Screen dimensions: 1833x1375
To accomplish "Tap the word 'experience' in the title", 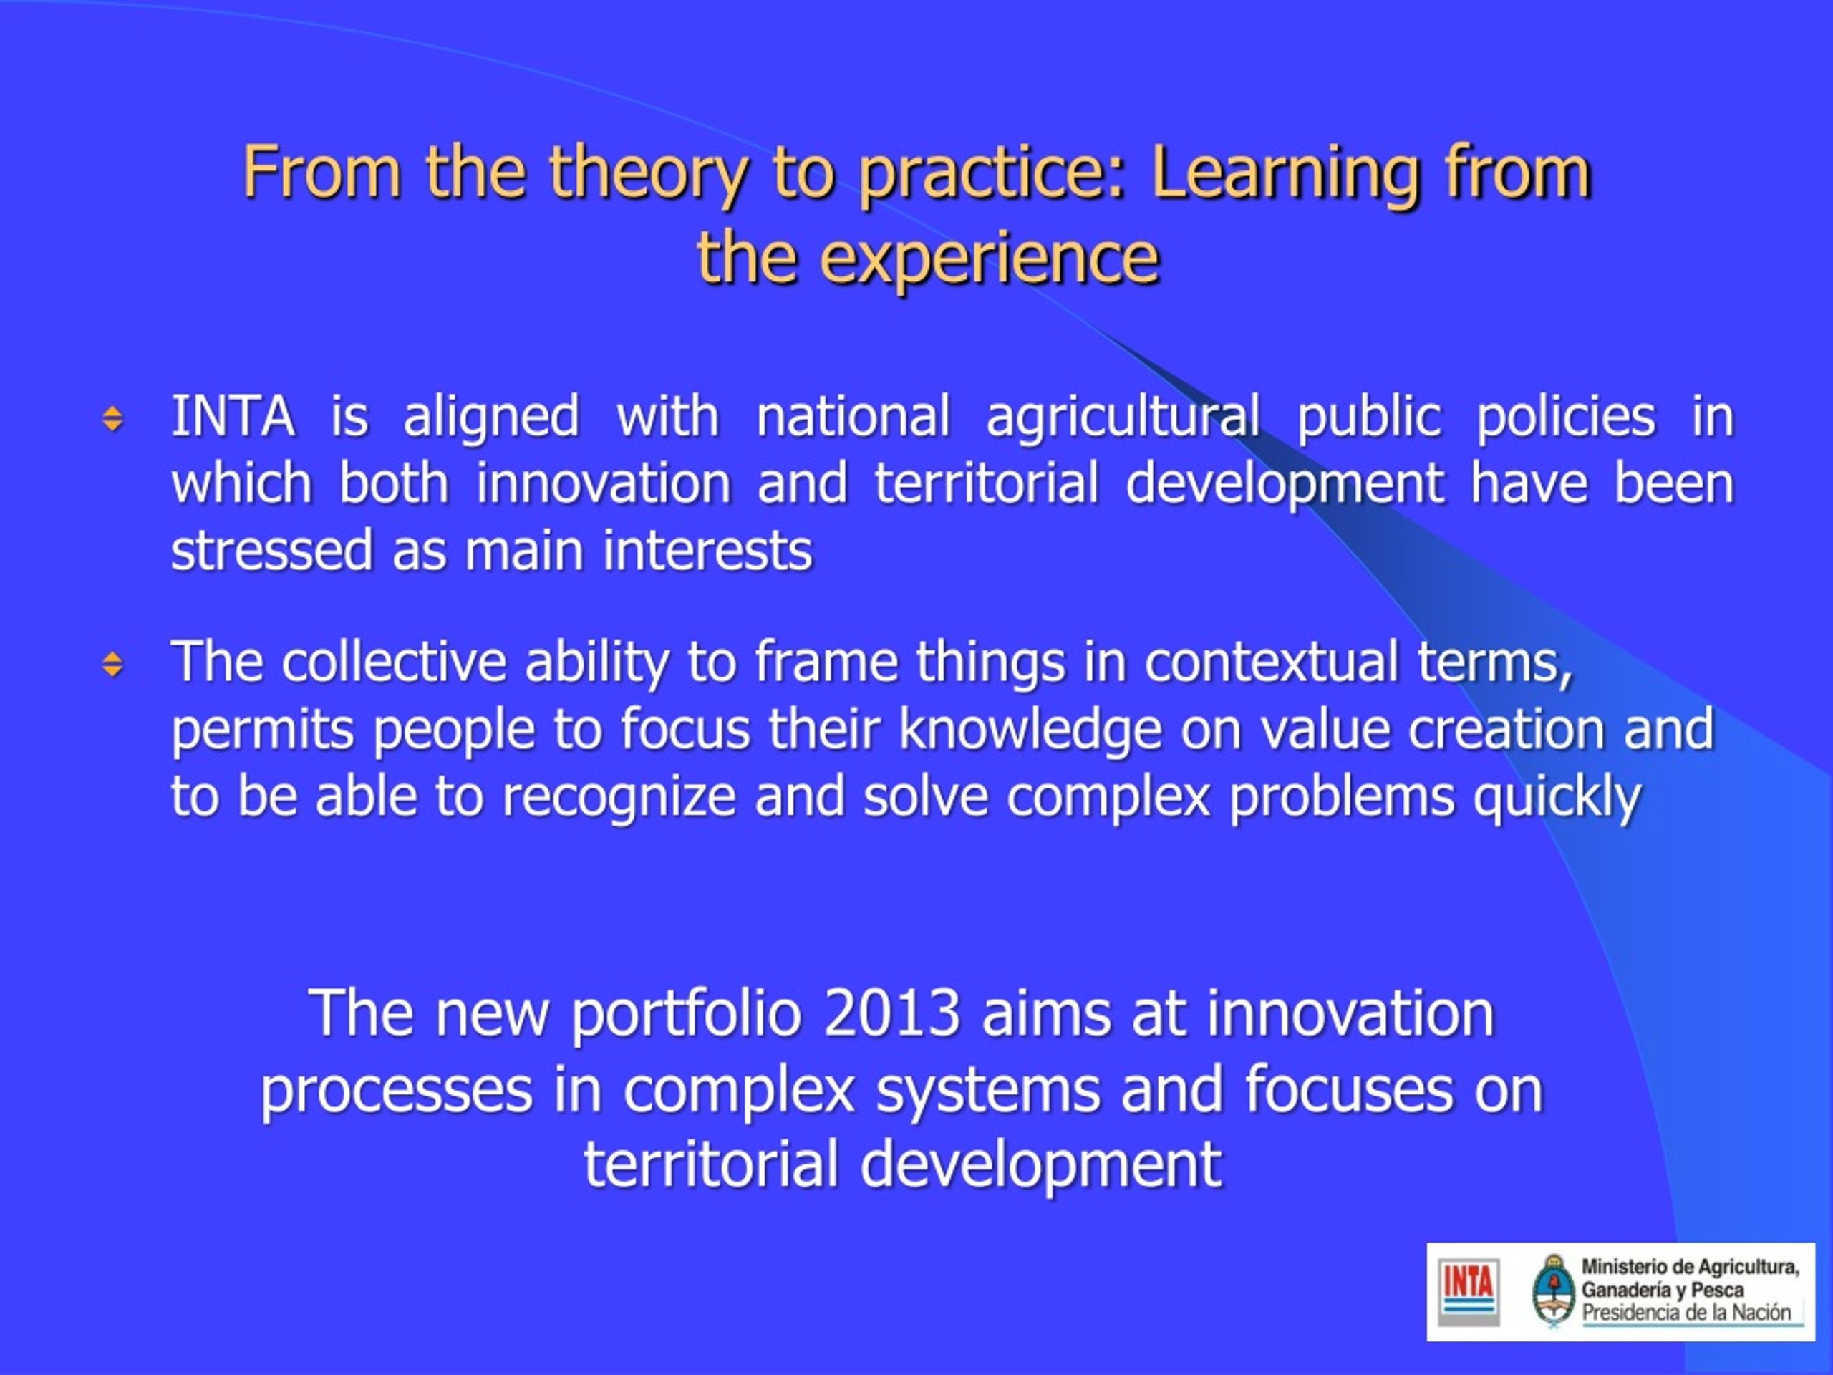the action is (x=990, y=259).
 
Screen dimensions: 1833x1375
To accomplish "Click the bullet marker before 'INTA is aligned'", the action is (x=112, y=418).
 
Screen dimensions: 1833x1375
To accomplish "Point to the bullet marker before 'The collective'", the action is (x=112, y=664).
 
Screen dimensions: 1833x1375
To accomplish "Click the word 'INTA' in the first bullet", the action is (x=233, y=416).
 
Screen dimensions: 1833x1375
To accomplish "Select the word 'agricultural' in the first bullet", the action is (x=1123, y=418).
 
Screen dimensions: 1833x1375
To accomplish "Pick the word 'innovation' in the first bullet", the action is (x=604, y=483).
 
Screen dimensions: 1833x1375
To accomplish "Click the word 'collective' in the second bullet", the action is (x=394, y=662).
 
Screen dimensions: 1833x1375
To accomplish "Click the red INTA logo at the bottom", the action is (x=1469, y=1292).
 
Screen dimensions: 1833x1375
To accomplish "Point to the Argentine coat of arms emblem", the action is (x=1553, y=1290).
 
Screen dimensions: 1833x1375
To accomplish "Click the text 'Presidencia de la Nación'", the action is (x=1686, y=1313).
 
